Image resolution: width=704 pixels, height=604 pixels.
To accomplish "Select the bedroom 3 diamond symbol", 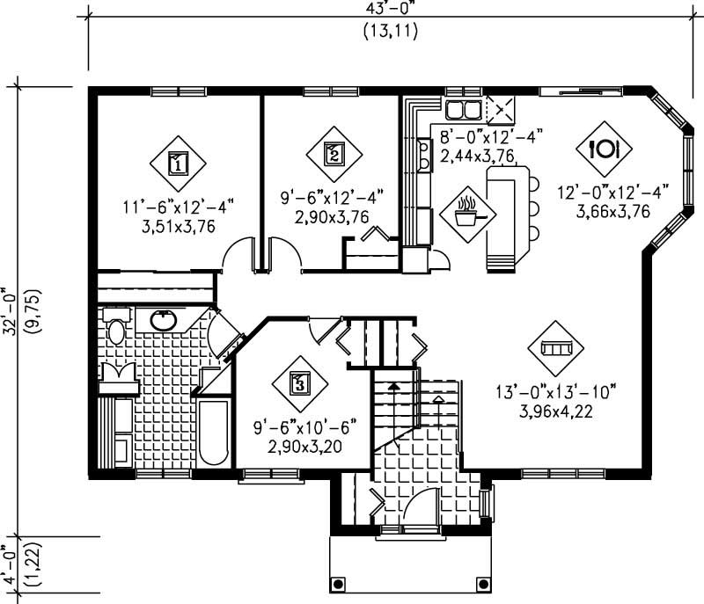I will (x=299, y=382).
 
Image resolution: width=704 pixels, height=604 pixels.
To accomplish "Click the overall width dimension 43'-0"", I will (x=388, y=11).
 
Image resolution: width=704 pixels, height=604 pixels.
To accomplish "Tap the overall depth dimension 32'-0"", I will (x=11, y=309).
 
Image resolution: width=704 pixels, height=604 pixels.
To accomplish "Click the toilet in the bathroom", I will (x=115, y=329).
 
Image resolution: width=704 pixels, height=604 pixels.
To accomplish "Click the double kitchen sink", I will (x=462, y=110).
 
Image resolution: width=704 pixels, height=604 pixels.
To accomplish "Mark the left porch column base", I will (x=338, y=585).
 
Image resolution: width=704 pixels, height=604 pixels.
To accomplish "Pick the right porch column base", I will (x=481, y=585).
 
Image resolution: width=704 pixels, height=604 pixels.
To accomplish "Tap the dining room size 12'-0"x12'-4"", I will (x=613, y=190).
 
